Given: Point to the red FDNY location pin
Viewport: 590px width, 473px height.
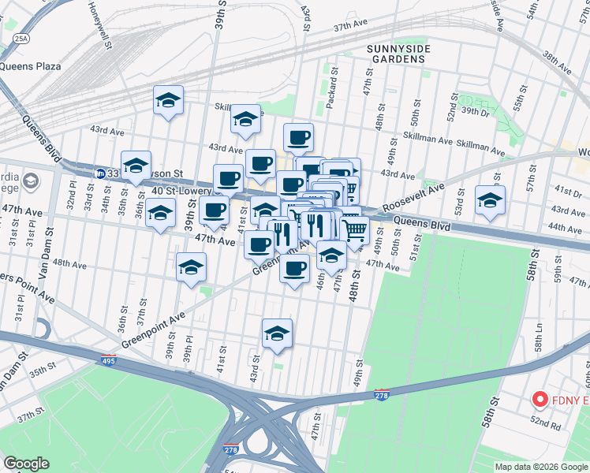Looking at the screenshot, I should pyautogui.click(x=540, y=400).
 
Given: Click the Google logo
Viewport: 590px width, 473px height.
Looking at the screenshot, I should pyautogui.click(x=27, y=463).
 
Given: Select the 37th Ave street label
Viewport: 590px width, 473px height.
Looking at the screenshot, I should pyautogui.click(x=352, y=26).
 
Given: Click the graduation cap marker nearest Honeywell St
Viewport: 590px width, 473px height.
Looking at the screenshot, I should pyautogui.click(x=168, y=100).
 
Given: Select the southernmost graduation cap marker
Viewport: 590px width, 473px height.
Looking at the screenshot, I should pyautogui.click(x=277, y=333).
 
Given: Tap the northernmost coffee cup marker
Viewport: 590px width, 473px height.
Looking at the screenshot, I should pyautogui.click(x=298, y=137).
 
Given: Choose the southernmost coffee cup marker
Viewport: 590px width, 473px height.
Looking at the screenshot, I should pyautogui.click(x=294, y=268).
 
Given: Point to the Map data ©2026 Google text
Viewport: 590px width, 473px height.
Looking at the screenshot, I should pyautogui.click(x=540, y=467).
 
